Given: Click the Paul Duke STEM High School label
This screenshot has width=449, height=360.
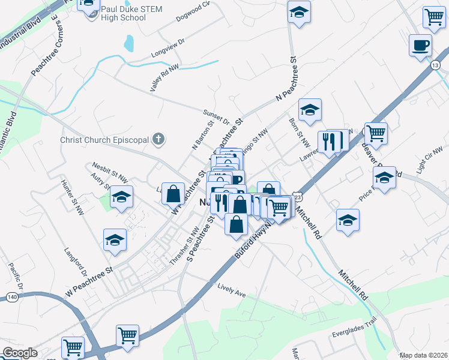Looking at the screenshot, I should pos(123,13).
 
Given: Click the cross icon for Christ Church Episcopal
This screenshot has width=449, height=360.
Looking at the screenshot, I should pos(158,140).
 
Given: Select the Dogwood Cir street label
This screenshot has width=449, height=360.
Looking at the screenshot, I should pos(193,11).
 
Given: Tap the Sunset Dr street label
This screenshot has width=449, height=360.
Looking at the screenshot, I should pos(216,116).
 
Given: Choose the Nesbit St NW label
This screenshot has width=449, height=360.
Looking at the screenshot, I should pos(109,171).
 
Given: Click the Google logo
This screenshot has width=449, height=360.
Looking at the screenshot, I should pos(20,352).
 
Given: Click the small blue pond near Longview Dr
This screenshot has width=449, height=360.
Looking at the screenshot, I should pos(128,43).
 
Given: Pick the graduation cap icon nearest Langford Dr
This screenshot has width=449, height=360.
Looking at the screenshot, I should pos(114,239).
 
